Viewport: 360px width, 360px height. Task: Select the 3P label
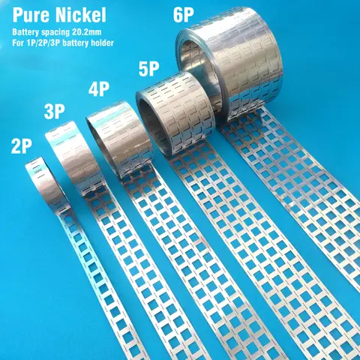tap(55, 112)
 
